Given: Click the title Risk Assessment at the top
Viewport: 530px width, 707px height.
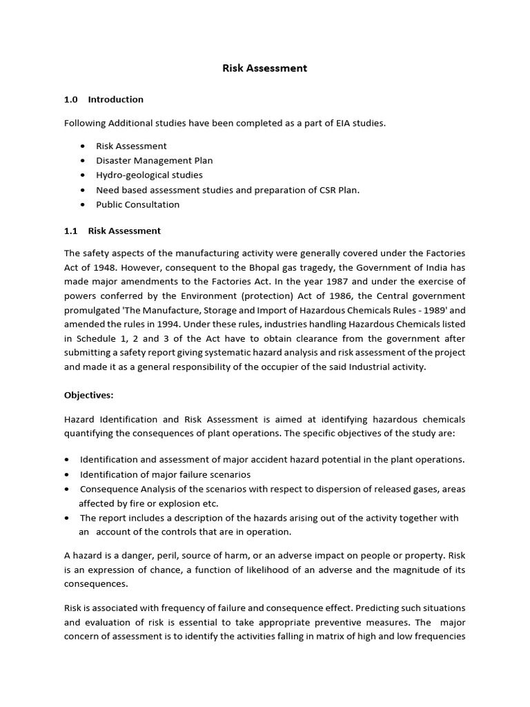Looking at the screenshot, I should pyautogui.click(x=264, y=68).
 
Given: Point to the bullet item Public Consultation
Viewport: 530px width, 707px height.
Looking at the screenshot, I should pyautogui.click(x=137, y=204).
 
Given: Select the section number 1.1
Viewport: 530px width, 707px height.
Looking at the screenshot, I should pyautogui.click(x=71, y=231).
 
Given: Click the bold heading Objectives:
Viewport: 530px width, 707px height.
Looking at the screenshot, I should pyautogui.click(x=89, y=395).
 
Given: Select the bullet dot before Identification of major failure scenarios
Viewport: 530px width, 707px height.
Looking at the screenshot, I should pyautogui.click(x=66, y=475).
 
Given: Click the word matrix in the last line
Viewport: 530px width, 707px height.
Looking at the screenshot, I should pyautogui.click(x=320, y=636).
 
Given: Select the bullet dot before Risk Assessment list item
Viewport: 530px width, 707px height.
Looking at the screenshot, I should pyautogui.click(x=83, y=146).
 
